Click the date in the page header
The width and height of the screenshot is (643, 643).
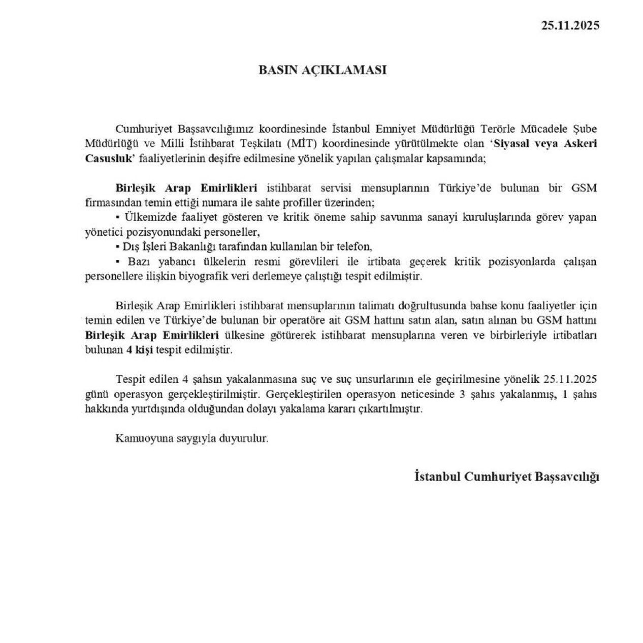570,25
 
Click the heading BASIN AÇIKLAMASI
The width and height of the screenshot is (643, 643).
323,70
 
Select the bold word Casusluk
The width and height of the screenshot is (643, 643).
107,157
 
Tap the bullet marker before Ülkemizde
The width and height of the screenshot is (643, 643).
118,217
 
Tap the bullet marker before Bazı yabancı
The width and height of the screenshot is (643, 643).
118,262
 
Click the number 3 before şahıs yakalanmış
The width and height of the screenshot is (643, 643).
462,394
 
